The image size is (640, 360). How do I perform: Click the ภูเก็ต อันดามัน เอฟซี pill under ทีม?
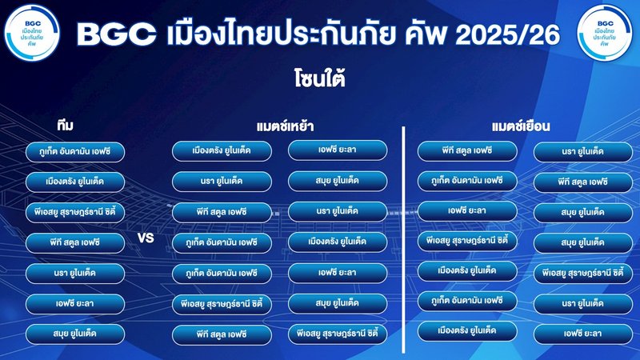75,151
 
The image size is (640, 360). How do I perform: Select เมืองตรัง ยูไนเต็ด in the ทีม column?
75,182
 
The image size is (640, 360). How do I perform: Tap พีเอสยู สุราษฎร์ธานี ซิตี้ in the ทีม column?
75,212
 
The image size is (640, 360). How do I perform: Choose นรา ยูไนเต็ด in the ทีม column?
75,273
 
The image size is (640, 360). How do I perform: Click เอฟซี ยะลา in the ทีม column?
75,303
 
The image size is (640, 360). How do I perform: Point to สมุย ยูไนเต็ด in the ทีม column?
75,334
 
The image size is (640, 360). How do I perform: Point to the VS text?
146,238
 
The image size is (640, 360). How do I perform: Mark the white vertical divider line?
403,240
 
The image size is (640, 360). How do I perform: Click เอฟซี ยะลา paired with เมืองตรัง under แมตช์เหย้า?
337,150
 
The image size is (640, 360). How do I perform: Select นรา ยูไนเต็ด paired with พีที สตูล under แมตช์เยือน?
582,151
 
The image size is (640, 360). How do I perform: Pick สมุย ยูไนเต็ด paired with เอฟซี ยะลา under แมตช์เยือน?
582,212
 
